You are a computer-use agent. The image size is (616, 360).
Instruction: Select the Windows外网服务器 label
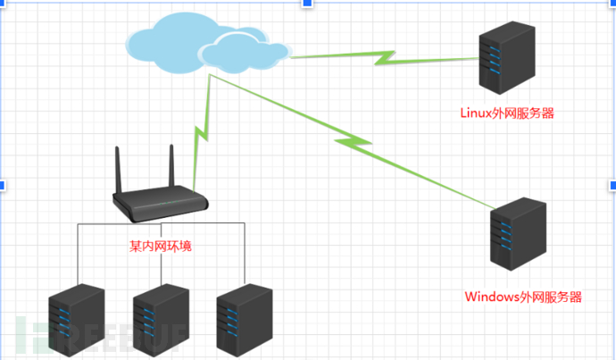point(523,297)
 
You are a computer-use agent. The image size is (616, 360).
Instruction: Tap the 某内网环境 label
point(160,246)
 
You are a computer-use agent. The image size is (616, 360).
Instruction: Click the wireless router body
point(160,206)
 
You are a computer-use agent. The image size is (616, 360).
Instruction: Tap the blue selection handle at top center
point(308,4)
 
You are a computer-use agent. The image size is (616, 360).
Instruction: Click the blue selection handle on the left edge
point(3,185)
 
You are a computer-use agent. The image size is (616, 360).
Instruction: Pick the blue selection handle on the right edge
point(612,185)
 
